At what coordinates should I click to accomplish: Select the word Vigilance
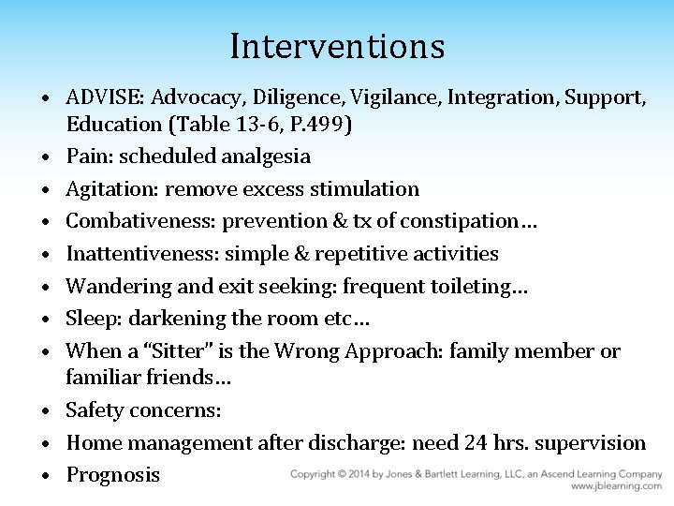[362, 97]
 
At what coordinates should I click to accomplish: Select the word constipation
[454, 221]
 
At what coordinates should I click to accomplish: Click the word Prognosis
[112, 474]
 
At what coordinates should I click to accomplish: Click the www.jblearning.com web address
[617, 487]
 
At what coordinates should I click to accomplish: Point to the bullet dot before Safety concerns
[44, 411]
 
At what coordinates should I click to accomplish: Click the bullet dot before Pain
[44, 156]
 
